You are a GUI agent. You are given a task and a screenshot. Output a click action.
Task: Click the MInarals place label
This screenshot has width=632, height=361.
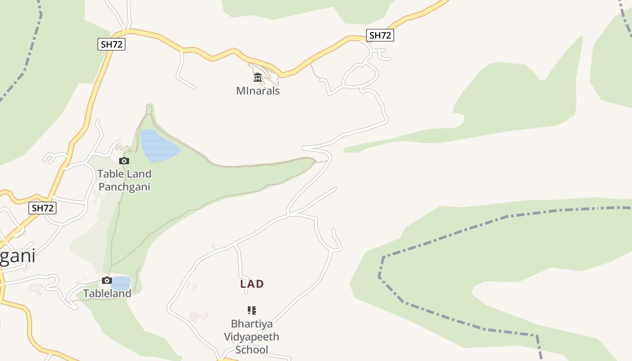tap(258, 91)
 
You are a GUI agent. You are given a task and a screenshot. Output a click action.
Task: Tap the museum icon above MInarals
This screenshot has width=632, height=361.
tap(258, 78)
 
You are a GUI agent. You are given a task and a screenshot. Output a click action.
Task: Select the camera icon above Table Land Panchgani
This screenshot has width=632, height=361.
tap(124, 161)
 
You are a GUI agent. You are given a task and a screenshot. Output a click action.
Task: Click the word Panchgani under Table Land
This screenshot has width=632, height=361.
tap(124, 187)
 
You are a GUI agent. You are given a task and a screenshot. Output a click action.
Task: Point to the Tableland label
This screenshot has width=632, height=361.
tap(107, 293)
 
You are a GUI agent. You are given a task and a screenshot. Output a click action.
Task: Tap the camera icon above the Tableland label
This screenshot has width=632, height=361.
tap(107, 280)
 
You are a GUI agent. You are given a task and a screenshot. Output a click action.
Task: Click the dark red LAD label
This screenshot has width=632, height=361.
tap(252, 284)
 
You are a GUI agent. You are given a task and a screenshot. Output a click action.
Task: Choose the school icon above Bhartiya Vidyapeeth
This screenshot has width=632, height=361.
tap(252, 310)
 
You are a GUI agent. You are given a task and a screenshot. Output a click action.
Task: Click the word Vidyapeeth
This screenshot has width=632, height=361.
tap(252, 337)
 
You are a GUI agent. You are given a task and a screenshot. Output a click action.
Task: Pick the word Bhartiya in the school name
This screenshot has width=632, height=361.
tap(252, 324)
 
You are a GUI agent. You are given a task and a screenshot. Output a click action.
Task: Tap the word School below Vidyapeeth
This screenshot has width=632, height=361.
tap(252, 350)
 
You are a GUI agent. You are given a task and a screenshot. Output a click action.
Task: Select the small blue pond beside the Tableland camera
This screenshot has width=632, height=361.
tap(121, 283)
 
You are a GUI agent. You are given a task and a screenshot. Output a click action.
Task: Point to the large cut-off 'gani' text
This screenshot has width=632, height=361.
tap(17, 256)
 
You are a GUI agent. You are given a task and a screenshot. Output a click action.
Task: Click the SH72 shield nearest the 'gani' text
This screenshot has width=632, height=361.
tap(42, 208)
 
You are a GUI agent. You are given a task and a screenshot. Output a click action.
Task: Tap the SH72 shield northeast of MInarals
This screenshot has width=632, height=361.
tap(380, 35)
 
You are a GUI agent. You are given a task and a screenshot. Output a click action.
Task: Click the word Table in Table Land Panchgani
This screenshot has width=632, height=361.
tap(110, 174)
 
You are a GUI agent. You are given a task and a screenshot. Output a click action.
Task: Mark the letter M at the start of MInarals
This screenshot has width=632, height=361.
tap(241, 91)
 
